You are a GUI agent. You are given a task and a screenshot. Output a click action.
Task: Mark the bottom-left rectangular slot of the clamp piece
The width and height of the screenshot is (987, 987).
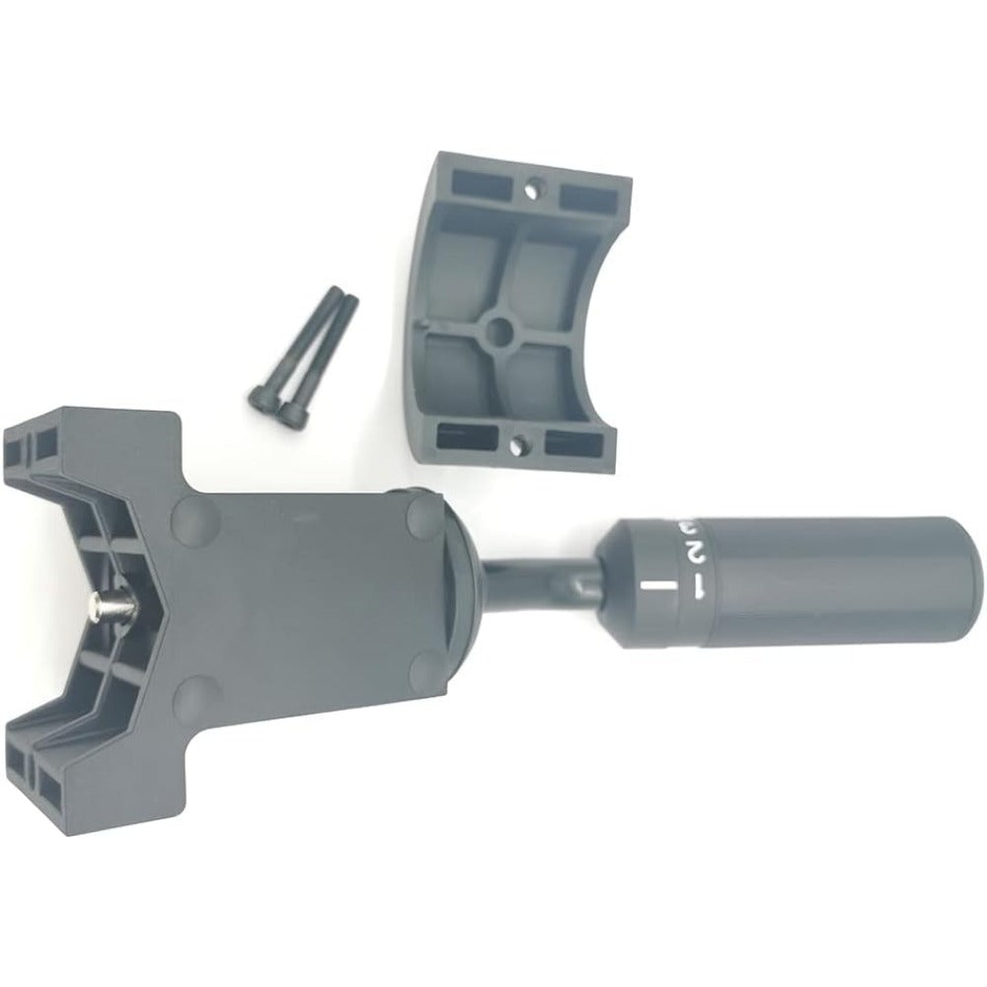[464, 433]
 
